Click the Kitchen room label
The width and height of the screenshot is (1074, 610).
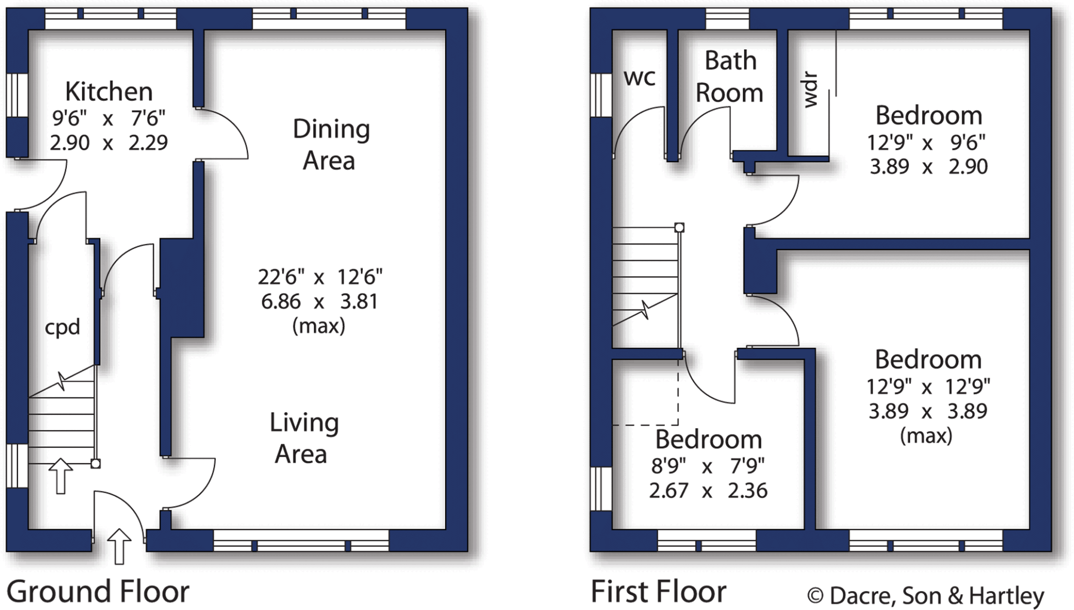(109, 92)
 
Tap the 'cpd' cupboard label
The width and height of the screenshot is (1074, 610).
(62, 327)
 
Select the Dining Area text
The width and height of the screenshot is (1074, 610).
(330, 145)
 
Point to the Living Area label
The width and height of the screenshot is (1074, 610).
(304, 438)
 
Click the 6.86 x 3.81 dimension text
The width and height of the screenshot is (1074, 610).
(319, 302)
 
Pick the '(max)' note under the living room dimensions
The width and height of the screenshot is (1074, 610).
(319, 326)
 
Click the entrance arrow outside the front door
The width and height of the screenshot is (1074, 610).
(119, 545)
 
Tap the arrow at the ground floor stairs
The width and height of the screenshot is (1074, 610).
(61, 475)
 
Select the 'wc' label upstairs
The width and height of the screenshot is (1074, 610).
(639, 78)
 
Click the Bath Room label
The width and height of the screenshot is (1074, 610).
(729, 77)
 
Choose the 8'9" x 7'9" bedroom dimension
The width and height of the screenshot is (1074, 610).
(708, 465)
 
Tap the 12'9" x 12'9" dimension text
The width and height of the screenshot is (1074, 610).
(928, 387)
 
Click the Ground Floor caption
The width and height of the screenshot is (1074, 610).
(98, 592)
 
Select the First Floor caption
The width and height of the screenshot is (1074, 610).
(658, 592)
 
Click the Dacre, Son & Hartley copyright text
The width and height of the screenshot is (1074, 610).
(926, 596)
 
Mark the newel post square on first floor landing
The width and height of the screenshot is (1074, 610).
(679, 228)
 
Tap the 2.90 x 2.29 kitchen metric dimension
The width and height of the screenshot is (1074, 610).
(109, 143)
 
